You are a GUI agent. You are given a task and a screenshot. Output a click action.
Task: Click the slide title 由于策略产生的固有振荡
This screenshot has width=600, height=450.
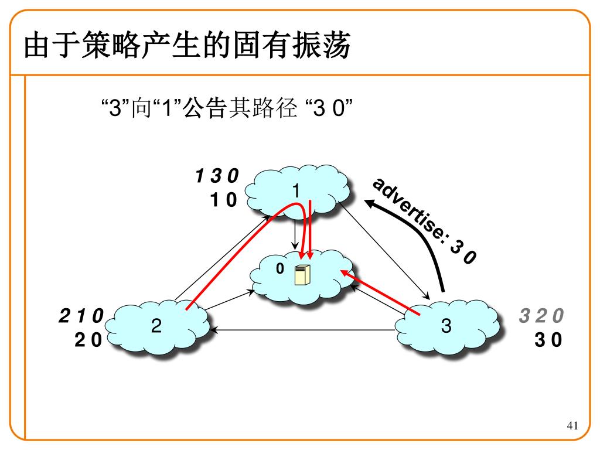click(x=187, y=46)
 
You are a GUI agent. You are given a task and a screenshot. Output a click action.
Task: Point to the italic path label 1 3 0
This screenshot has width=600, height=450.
click(x=217, y=176)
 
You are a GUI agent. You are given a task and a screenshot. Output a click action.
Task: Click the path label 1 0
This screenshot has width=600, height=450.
click(x=223, y=200)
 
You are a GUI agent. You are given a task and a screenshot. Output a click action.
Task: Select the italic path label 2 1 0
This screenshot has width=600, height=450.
click(x=81, y=316)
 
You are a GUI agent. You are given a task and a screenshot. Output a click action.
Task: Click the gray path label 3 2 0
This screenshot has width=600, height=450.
click(x=541, y=316)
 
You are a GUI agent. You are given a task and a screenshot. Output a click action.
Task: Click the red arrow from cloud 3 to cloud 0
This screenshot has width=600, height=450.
click(x=381, y=293)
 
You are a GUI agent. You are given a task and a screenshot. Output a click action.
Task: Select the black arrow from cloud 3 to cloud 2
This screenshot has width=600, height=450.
click(x=305, y=330)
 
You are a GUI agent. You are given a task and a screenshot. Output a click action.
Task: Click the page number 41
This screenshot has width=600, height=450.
click(x=572, y=425)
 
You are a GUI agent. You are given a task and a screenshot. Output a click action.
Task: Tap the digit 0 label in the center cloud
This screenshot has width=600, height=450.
click(x=279, y=268)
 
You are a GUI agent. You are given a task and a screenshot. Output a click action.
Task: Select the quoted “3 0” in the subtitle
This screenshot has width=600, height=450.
click(x=328, y=109)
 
